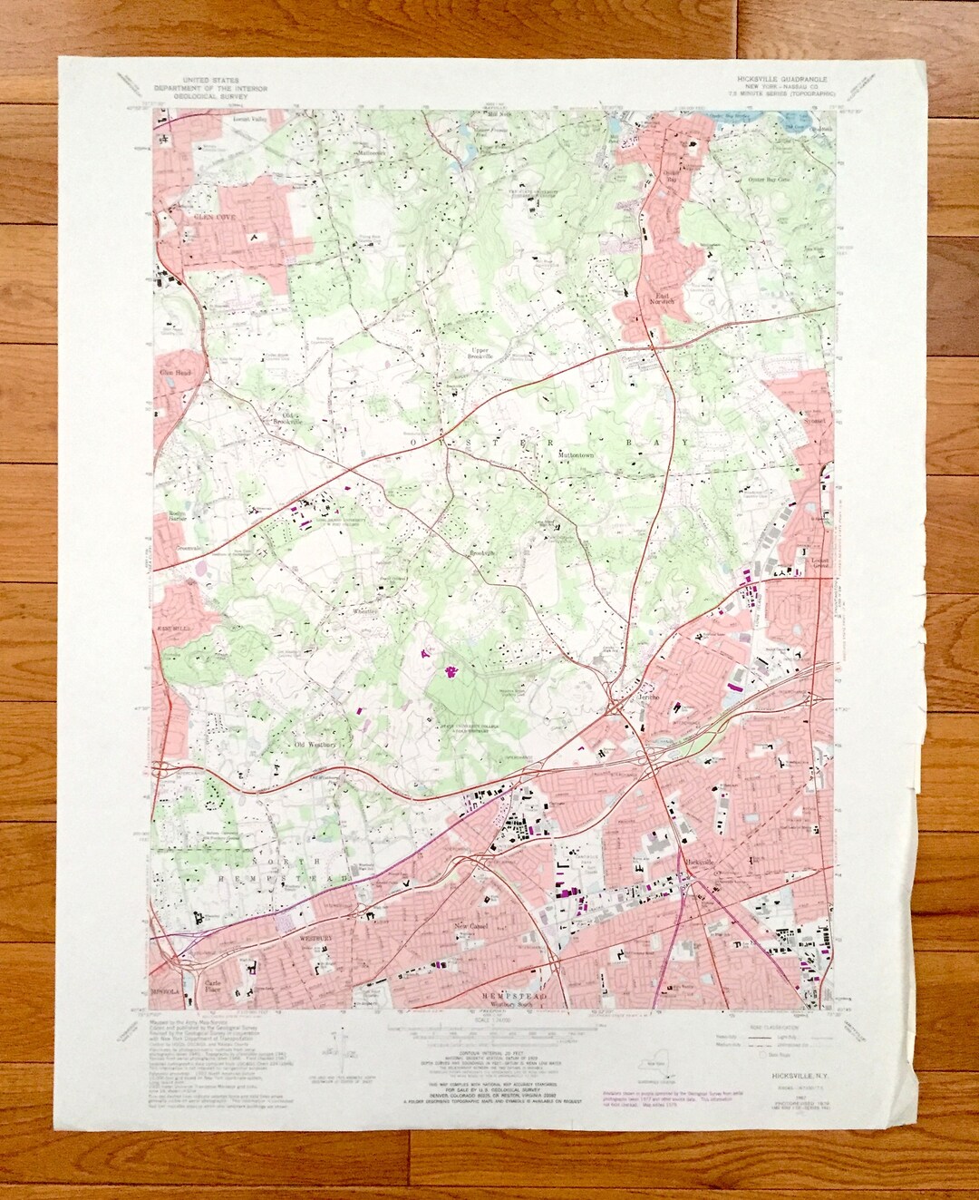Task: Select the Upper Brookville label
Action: click(480, 352)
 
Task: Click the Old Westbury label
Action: click(315, 745)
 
